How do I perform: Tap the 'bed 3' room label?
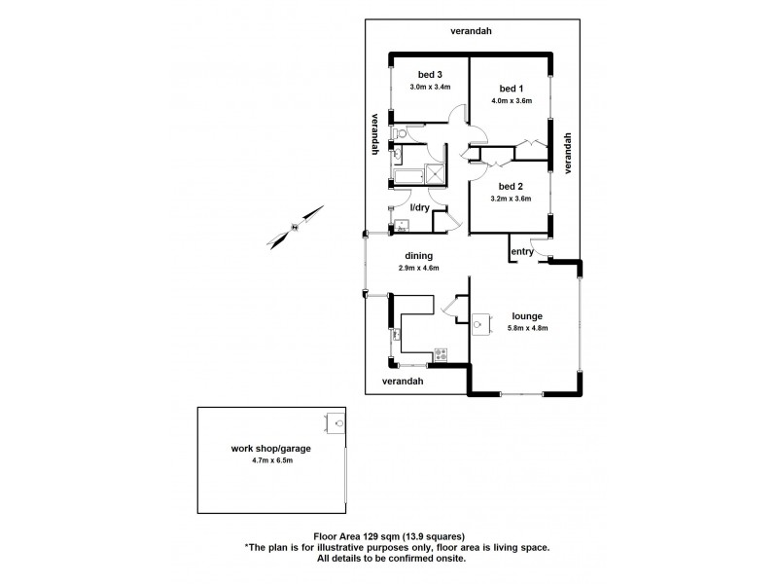click(429, 75)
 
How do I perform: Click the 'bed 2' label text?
click(511, 186)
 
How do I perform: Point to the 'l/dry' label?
click(419, 208)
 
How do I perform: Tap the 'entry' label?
click(522, 252)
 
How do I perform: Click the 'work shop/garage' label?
click(265, 449)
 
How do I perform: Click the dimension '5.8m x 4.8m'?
click(528, 328)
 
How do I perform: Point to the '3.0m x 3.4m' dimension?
click(430, 88)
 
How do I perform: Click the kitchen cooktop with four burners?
click(440, 352)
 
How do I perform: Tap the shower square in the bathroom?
click(434, 173)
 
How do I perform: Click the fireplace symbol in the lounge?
click(480, 326)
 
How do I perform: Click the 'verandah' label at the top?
click(471, 31)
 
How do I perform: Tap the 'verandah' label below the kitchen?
click(402, 381)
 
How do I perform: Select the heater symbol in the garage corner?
click(338, 422)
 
